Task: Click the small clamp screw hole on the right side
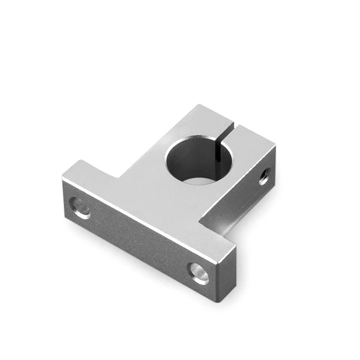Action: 264,176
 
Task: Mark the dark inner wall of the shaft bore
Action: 189,155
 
